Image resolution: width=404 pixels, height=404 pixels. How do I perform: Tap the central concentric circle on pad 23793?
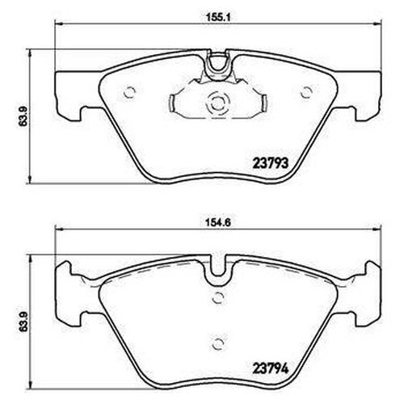(215, 104)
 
